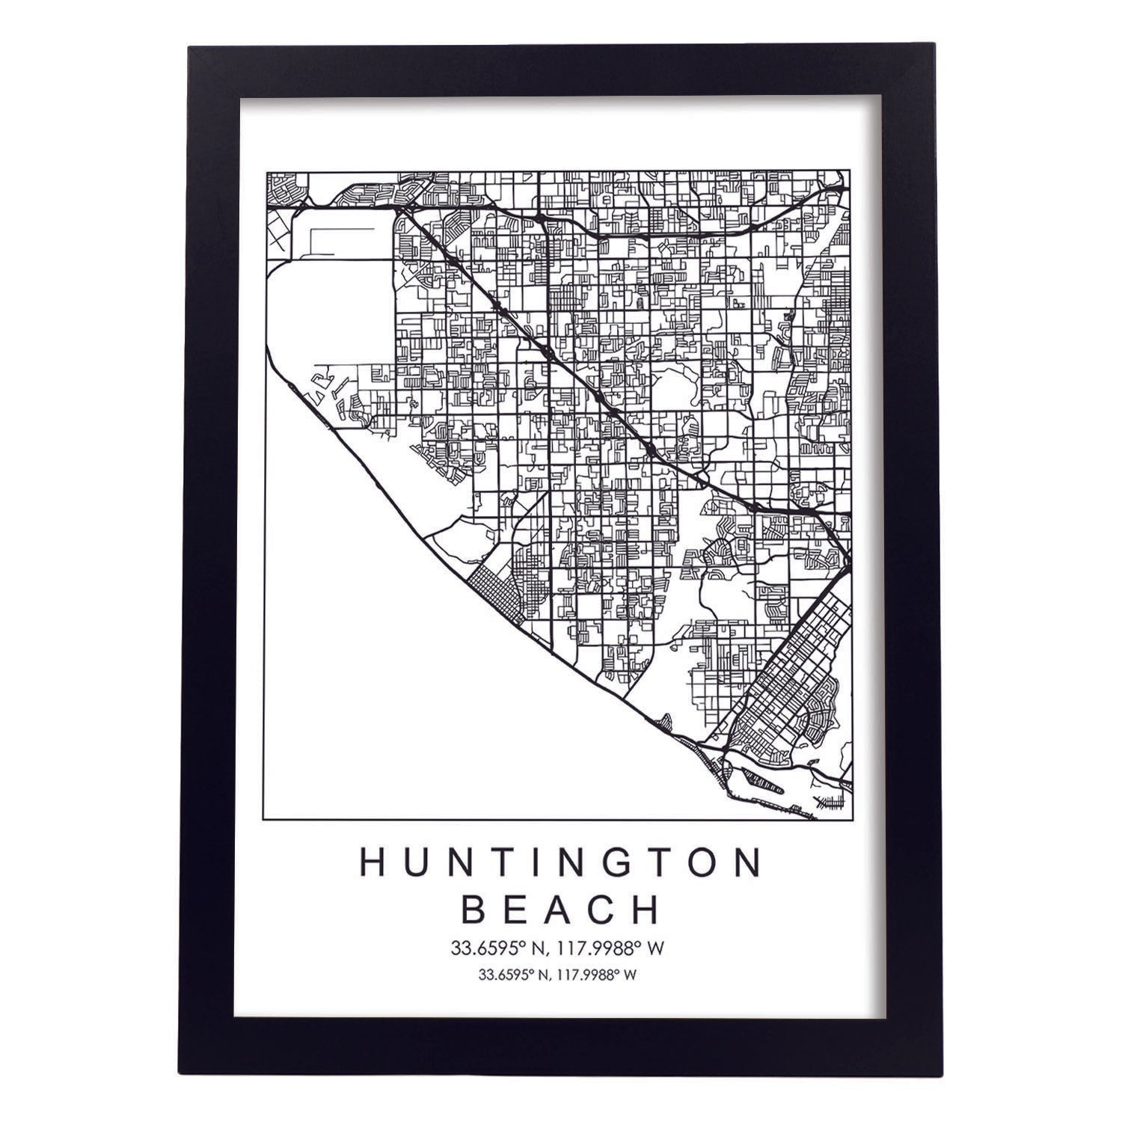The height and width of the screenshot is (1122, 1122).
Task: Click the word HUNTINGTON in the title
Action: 561,862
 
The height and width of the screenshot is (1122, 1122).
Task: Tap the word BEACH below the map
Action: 561,910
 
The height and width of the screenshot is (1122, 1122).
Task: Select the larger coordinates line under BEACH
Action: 557,948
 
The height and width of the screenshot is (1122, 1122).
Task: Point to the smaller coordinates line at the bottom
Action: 557,975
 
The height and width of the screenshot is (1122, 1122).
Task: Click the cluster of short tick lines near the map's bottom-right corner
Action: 832,803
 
